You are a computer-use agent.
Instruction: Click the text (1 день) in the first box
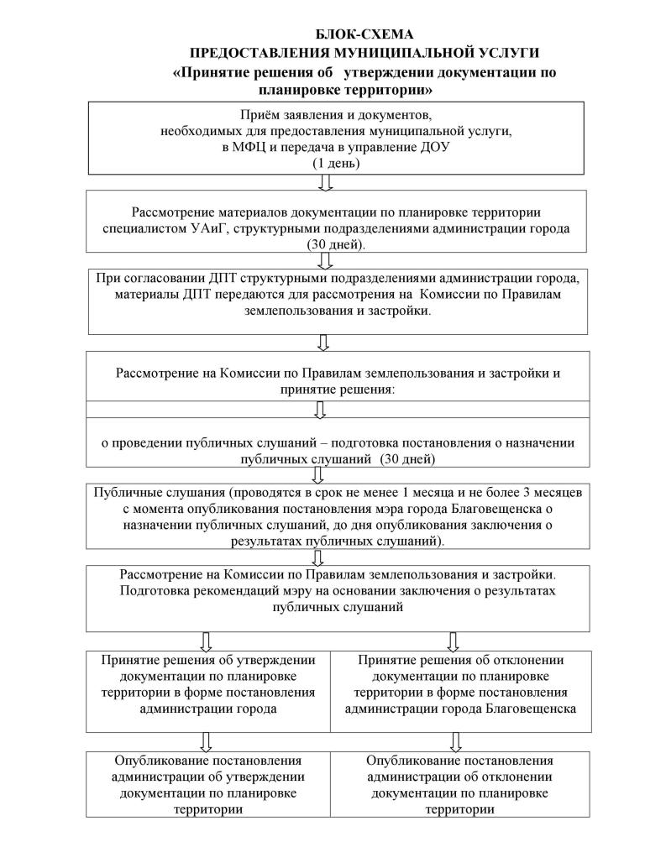click(336, 164)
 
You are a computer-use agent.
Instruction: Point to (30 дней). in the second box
click(336, 244)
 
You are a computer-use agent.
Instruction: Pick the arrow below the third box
click(323, 343)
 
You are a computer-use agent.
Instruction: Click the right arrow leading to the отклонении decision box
click(454, 641)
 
